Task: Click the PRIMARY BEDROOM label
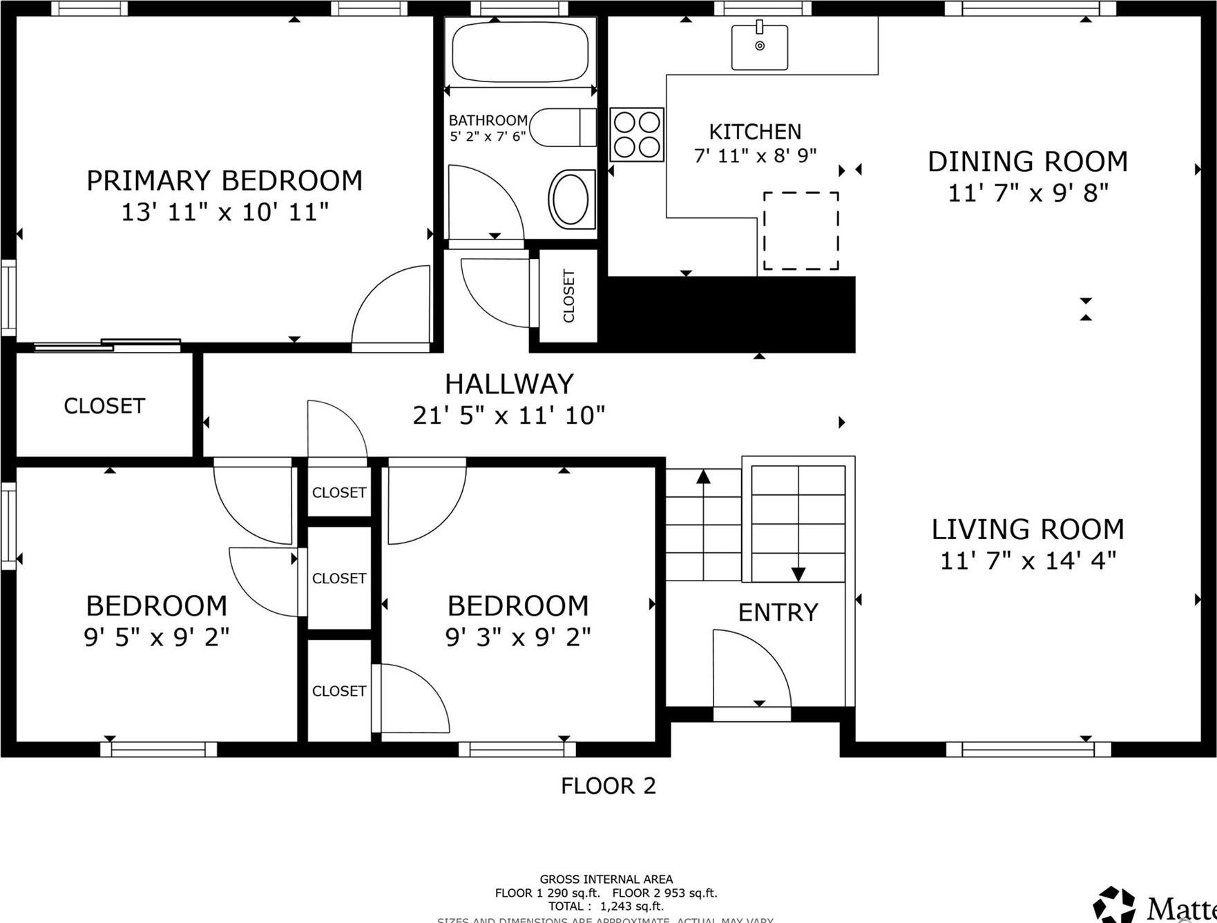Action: (224, 181)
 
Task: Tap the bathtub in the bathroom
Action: (519, 52)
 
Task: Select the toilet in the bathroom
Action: (563, 127)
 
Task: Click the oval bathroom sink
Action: (571, 199)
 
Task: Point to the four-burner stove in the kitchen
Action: (637, 135)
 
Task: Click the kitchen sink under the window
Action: (760, 46)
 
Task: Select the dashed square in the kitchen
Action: (801, 231)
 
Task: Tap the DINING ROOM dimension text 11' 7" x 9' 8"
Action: (1028, 193)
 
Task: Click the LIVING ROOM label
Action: (1028, 529)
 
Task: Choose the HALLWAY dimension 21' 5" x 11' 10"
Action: (509, 416)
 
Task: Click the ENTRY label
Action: (778, 612)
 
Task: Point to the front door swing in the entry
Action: (749, 666)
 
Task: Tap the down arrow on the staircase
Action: (798, 573)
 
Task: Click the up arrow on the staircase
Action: (703, 477)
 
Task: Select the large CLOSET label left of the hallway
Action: (104, 406)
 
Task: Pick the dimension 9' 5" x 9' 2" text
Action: (157, 637)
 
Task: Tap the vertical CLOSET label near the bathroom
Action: (568, 296)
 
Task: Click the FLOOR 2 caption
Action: (608, 786)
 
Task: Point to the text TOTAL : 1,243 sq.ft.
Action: (606, 906)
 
